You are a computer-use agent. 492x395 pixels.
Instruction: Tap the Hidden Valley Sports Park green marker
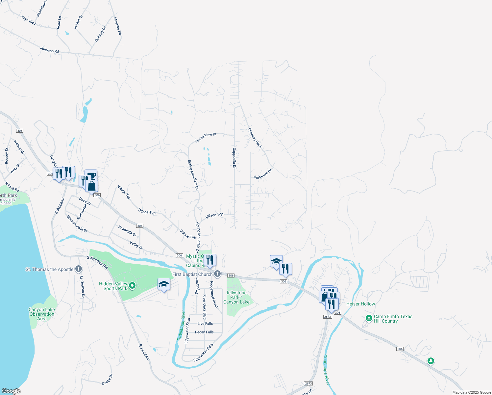(x=132, y=286)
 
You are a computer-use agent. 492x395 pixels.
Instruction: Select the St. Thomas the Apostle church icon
(x=78, y=269)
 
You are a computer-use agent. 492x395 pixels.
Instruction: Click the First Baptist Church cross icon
(x=217, y=274)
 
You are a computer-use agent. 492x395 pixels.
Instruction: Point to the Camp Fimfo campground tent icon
(x=369, y=318)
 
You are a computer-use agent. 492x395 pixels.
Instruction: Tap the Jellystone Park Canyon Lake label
(x=236, y=297)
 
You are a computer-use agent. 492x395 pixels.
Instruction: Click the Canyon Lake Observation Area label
(x=42, y=314)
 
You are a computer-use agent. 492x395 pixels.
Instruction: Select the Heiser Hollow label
(x=360, y=304)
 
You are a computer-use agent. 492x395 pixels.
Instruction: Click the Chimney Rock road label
(x=255, y=138)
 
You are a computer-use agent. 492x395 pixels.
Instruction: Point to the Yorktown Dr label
(x=263, y=174)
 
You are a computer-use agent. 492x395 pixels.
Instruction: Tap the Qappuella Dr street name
(x=234, y=158)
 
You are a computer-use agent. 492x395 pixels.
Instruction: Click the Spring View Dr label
(x=206, y=137)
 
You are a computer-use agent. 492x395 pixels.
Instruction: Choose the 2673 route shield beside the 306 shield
(x=328, y=317)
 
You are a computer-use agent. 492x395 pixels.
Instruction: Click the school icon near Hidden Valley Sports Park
(x=164, y=284)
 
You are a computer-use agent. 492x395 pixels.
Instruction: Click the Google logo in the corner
(x=11, y=391)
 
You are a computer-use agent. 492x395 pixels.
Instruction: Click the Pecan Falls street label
(x=204, y=332)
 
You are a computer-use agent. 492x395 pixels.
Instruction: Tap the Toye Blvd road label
(x=29, y=20)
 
